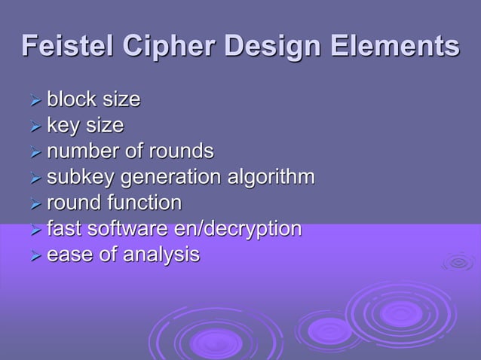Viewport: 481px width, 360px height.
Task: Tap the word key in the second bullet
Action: click(63, 124)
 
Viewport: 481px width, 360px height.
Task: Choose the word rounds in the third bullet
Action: click(181, 151)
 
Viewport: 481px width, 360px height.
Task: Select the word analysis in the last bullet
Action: click(161, 255)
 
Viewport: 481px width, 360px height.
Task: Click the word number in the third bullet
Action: click(84, 151)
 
